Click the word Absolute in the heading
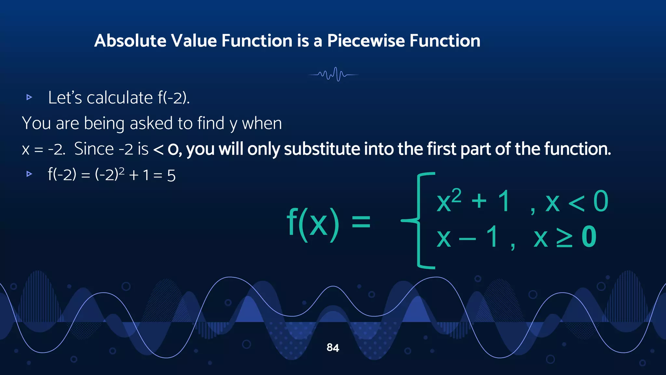click(x=130, y=41)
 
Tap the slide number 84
click(x=333, y=348)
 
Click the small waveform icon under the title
click(x=333, y=75)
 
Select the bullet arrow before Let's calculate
click(x=29, y=97)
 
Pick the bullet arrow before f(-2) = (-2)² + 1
click(x=29, y=174)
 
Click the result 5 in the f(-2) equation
click(x=171, y=176)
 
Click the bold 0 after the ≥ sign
click(x=589, y=237)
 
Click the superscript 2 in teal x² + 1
click(x=456, y=195)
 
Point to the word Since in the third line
click(x=94, y=149)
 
